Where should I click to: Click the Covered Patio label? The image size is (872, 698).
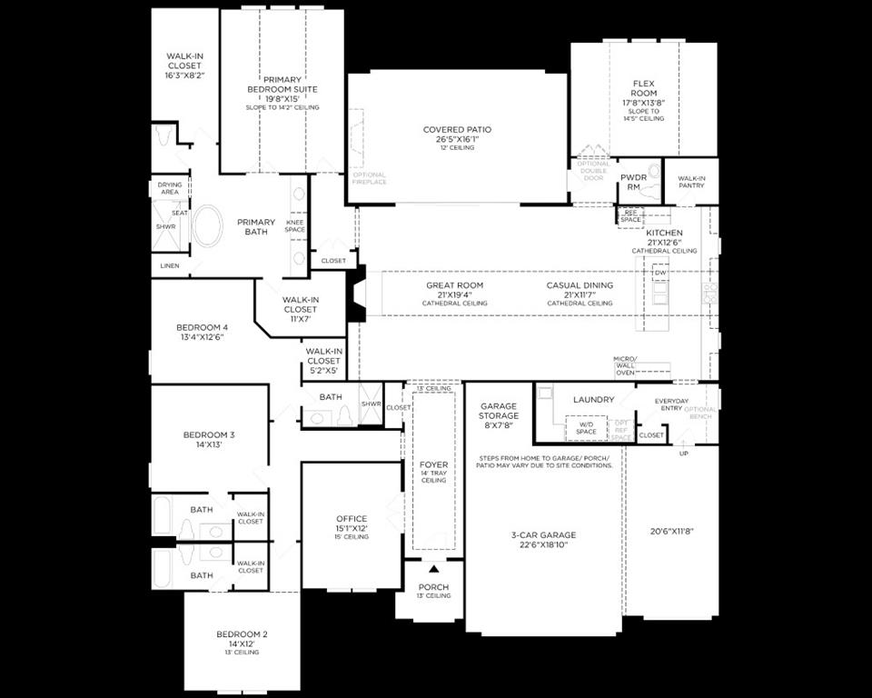[x=457, y=130]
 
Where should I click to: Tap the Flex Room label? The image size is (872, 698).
[x=643, y=88]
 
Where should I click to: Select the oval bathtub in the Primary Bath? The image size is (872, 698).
[x=208, y=227]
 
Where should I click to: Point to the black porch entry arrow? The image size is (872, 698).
[x=433, y=569]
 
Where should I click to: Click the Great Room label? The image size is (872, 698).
[x=454, y=285]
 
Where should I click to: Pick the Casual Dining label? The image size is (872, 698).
[x=580, y=285]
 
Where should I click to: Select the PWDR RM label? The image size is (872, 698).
[x=632, y=182]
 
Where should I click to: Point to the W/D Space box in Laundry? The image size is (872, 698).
[x=586, y=428]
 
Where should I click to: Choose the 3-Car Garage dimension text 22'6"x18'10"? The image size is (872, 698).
[x=543, y=545]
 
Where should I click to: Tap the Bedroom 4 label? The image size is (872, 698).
[x=202, y=327]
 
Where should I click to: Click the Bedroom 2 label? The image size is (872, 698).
[x=242, y=633]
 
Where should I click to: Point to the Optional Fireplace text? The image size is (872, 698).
[x=369, y=178]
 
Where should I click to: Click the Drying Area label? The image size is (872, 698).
[x=170, y=188]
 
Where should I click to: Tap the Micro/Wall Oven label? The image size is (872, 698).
[x=626, y=364]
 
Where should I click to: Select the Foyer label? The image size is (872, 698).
[x=433, y=464]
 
